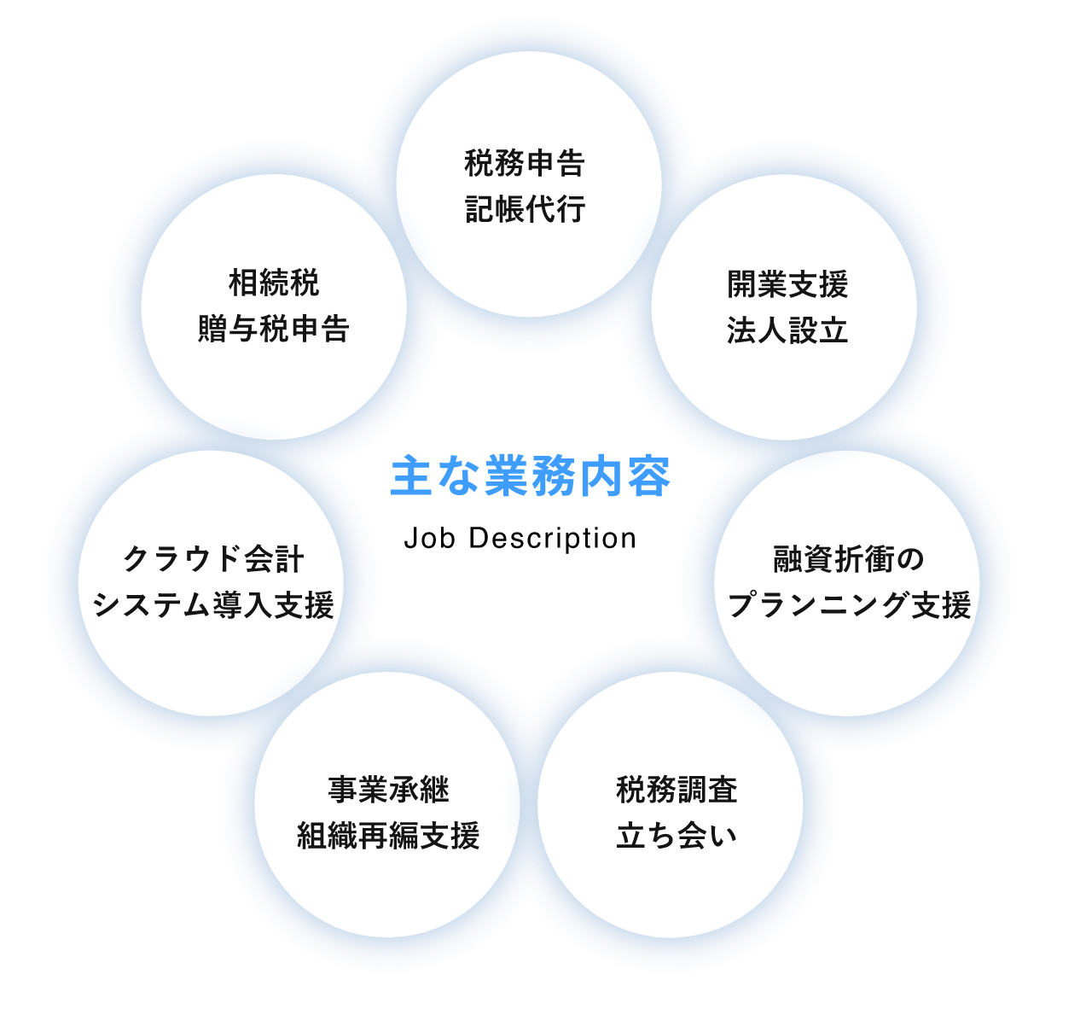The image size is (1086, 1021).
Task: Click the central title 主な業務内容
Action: tap(531, 476)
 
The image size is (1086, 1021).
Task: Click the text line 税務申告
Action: tap(525, 163)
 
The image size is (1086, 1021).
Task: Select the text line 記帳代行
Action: tap(525, 209)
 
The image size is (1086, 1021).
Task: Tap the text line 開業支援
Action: tap(787, 284)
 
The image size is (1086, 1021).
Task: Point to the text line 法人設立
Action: tap(787, 330)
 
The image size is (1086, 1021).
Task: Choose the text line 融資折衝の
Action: tap(848, 559)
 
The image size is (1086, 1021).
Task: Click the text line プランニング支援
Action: tap(849, 605)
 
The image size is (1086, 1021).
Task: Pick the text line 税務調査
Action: tap(677, 790)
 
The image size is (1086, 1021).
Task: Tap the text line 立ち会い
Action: tap(677, 836)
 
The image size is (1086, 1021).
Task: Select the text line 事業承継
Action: tap(389, 790)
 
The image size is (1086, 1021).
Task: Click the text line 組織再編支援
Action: tap(388, 836)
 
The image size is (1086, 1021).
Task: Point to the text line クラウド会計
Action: tap(213, 559)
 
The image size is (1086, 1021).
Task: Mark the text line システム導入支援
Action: tap(213, 605)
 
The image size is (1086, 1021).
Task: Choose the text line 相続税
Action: tap(274, 283)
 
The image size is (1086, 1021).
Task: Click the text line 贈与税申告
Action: tap(274, 329)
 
